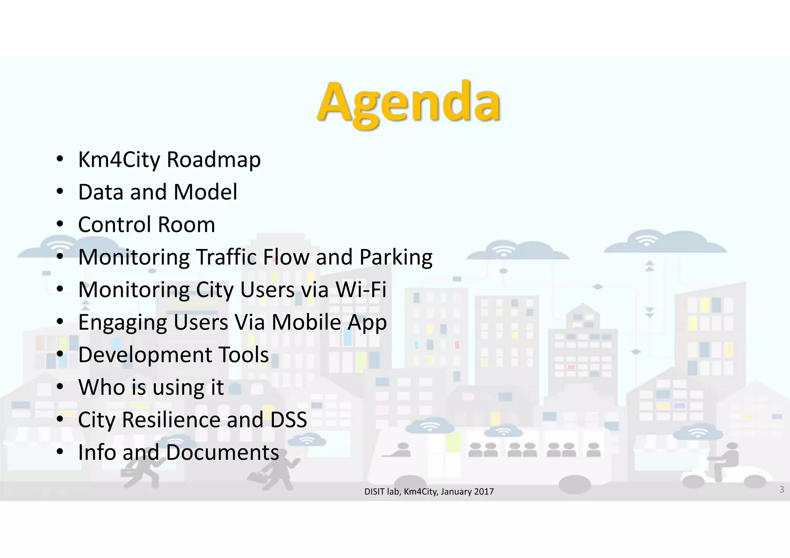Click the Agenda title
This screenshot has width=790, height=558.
tap(409, 102)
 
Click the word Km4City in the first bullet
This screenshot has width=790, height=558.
tap(119, 160)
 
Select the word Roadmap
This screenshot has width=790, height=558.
tap(214, 160)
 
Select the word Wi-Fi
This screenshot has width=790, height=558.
tap(361, 289)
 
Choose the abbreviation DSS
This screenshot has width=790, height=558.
tap(289, 420)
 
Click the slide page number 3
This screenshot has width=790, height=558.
tap(782, 489)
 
